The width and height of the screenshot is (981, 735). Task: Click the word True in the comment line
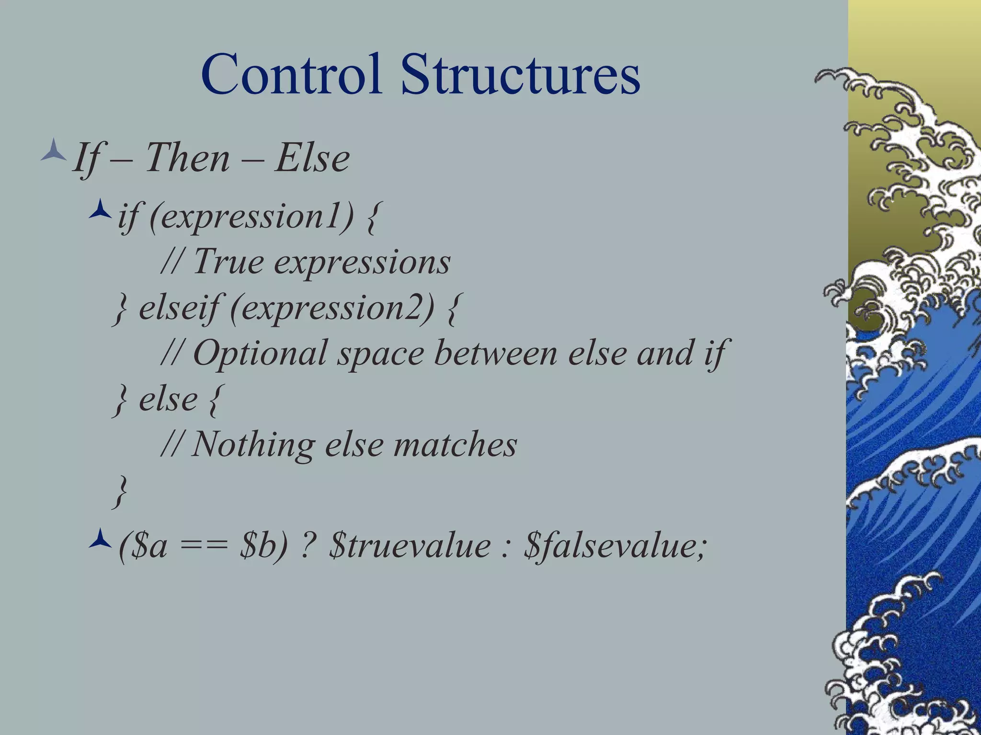[x=228, y=262]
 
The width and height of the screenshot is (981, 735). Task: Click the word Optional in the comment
[x=261, y=353]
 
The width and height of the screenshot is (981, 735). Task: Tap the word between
[x=496, y=353]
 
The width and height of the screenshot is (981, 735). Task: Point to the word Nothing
[x=253, y=444]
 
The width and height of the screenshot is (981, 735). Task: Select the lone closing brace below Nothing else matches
[x=120, y=491]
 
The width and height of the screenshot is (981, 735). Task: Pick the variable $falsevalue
[x=615, y=546]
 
